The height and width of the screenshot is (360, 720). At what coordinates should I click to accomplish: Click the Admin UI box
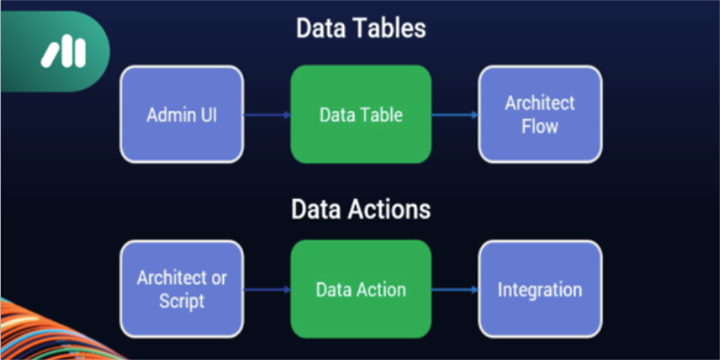coord(182,115)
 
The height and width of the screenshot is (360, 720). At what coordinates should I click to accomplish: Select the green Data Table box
coord(361,115)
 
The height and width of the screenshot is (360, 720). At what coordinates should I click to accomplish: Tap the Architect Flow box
coord(540,115)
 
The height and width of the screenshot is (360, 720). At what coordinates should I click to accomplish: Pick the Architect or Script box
coord(182,289)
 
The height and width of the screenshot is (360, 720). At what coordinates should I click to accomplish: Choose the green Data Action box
coord(361,289)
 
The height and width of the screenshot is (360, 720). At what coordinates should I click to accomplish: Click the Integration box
coord(540,289)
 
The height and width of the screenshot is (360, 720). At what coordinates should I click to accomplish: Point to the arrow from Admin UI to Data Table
coord(267,115)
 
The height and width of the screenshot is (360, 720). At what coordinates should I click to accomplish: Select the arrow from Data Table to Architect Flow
coord(455,115)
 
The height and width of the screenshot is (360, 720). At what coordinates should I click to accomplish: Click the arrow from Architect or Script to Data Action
coord(267,290)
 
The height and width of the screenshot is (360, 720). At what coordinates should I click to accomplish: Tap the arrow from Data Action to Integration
coord(455,290)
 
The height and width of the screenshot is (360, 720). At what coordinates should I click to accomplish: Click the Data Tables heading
coord(361,28)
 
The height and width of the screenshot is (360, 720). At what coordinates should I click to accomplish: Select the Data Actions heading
coord(361,209)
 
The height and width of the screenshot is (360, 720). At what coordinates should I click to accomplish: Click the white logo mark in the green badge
coord(64,52)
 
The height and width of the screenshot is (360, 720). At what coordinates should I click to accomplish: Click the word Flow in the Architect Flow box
coord(540,126)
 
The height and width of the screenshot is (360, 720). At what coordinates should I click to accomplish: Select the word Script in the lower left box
coord(182,301)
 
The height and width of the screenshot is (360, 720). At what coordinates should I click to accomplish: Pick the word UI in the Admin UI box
coord(209,115)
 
